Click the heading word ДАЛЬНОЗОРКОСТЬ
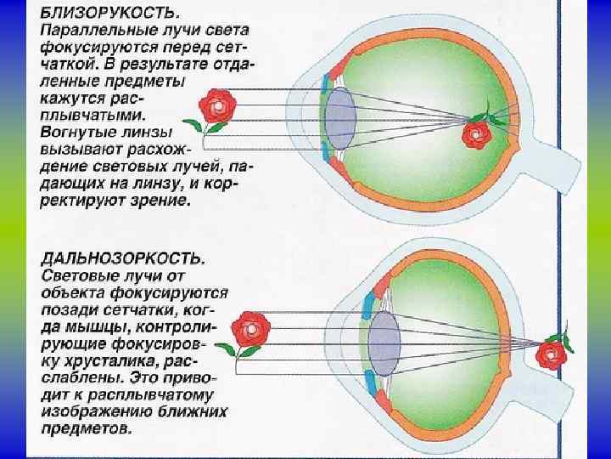click(122, 257)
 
